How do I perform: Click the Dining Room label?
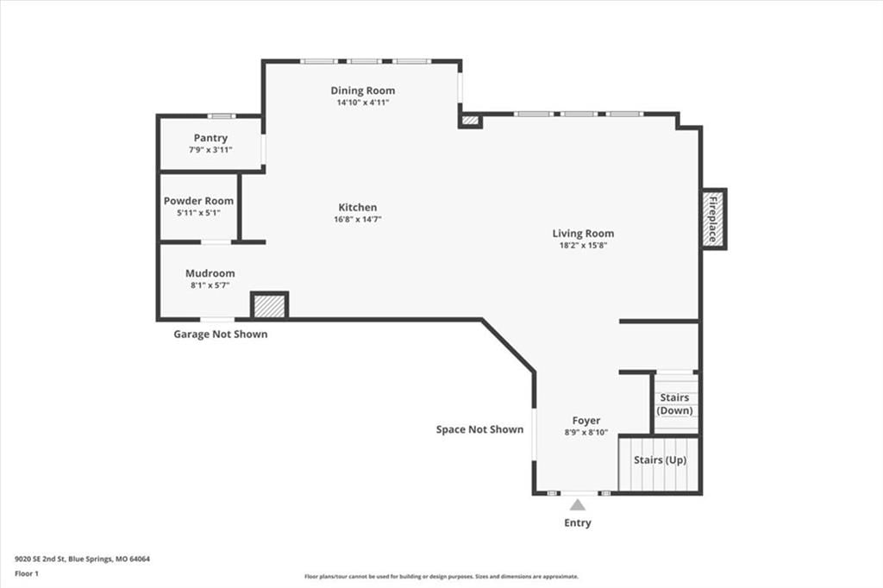click(363, 91)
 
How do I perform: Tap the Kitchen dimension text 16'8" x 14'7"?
click(358, 219)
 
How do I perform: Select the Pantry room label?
click(210, 138)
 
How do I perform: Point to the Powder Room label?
click(198, 201)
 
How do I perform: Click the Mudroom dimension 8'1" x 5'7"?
click(210, 285)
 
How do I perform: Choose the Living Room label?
click(583, 233)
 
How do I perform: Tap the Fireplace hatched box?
click(713, 219)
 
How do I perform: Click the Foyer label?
click(586, 420)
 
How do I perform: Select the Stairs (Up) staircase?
click(659, 464)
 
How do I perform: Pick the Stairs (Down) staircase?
click(675, 403)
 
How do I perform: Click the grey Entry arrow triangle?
click(577, 504)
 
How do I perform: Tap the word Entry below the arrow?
click(578, 522)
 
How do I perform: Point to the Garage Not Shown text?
click(220, 334)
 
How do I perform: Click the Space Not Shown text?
click(479, 429)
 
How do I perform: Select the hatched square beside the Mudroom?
click(269, 305)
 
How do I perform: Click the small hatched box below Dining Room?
click(470, 121)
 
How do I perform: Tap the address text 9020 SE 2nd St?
click(41, 560)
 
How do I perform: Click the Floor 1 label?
click(27, 574)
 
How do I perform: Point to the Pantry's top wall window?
click(222, 116)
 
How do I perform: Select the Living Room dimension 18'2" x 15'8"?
click(583, 245)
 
